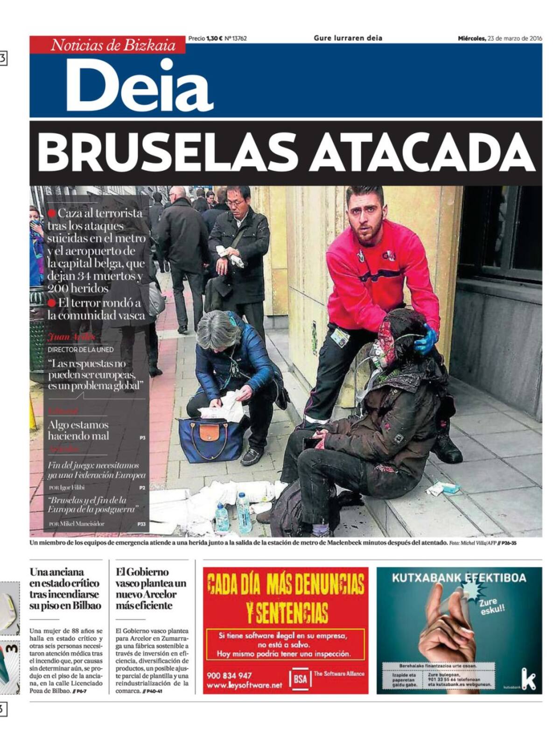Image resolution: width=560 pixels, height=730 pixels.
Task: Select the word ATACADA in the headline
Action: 422,153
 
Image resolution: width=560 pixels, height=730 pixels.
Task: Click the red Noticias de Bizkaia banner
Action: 113,45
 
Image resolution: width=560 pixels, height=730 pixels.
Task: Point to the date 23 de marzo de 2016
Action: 514,39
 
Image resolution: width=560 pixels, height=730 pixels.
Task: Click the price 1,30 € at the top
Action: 214,39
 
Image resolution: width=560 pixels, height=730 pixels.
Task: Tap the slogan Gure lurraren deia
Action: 348,38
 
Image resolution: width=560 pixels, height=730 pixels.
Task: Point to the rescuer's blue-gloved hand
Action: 425,340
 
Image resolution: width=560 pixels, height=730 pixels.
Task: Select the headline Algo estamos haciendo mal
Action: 78,430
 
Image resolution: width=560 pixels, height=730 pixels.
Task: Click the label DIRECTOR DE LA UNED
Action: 80,349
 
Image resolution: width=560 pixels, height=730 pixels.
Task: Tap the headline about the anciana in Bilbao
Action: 65,589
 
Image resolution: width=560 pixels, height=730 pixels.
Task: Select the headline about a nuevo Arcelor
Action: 150,589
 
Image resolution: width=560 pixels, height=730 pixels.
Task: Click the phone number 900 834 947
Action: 229,675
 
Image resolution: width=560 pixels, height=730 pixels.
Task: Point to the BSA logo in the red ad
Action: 300,678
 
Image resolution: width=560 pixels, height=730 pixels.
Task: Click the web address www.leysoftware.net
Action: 244,685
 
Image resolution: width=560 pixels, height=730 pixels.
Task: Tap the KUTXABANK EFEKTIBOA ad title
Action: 458,578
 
